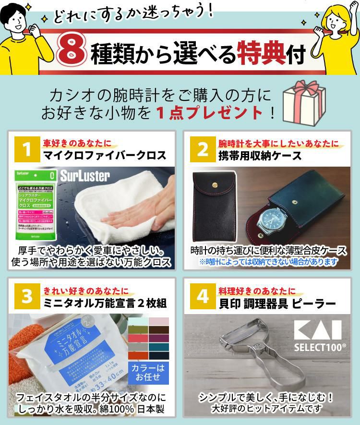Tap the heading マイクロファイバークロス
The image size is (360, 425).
click(105, 155)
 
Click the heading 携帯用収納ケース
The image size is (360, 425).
click(260, 155)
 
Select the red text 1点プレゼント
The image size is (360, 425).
click(210, 112)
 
